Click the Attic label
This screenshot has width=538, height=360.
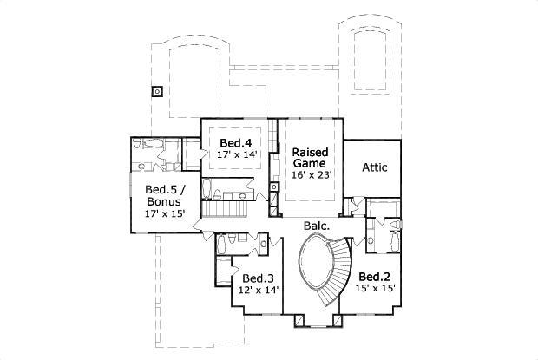pyautogui.click(x=374, y=167)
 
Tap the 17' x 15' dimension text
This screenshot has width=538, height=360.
pyautogui.click(x=164, y=213)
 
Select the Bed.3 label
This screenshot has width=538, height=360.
pyautogui.click(x=258, y=278)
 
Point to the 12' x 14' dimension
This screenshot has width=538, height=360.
pyautogui.click(x=258, y=291)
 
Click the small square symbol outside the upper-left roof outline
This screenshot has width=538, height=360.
pyautogui.click(x=156, y=89)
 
